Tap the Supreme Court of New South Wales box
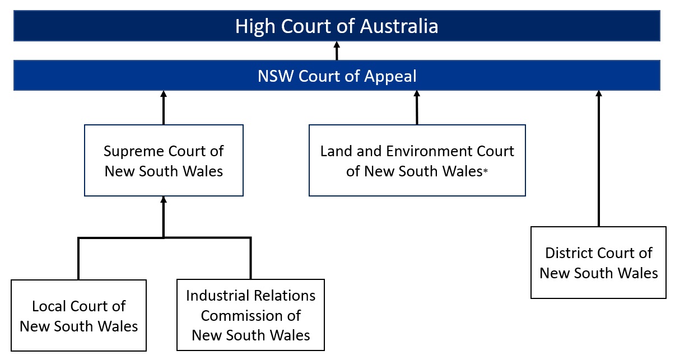coord(164,160)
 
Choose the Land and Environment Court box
coord(417,160)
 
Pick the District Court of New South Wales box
coord(598,263)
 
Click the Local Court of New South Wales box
coord(78,316)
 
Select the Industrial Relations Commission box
coord(250,315)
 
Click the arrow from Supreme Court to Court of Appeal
coord(164,108)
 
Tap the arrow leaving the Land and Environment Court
coord(417,108)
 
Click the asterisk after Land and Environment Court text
coord(485,173)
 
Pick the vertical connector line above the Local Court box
coord(78,259)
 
